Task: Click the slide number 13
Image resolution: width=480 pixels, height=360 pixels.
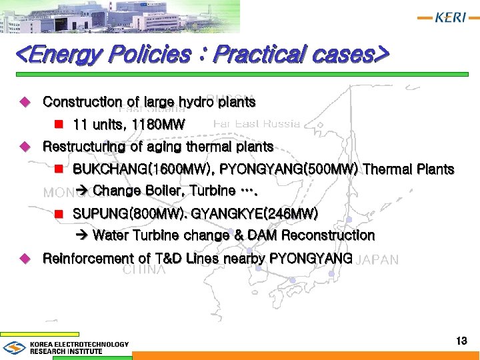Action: click(x=461, y=341)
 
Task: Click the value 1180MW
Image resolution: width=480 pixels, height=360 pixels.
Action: click(x=159, y=125)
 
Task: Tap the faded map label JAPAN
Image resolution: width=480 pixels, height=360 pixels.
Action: click(x=379, y=260)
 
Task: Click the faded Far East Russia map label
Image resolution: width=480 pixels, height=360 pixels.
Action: click(x=257, y=123)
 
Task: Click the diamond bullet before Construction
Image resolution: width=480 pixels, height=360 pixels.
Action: click(x=25, y=102)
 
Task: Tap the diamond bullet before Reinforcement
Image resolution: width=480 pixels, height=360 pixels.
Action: click(x=25, y=258)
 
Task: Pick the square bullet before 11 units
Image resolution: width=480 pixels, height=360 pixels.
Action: click(x=58, y=125)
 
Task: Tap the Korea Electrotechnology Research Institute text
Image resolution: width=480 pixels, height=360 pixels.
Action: click(x=79, y=347)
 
